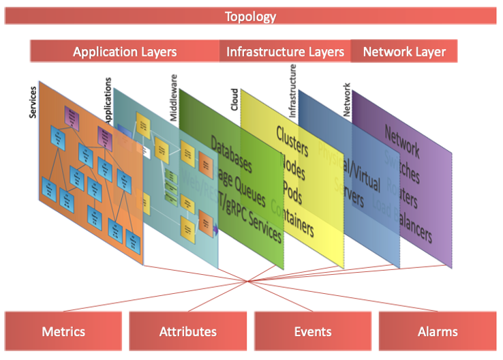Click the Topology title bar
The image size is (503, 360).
(x=251, y=16)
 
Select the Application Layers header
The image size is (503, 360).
(x=125, y=52)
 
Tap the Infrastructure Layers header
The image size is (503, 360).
(x=285, y=52)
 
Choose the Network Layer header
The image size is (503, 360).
(x=404, y=52)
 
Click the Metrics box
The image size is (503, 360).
(x=63, y=332)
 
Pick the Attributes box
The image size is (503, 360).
(x=188, y=332)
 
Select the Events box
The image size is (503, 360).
(x=313, y=332)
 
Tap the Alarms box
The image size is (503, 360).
(x=438, y=332)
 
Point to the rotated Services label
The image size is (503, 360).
(x=33, y=101)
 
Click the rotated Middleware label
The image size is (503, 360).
(x=174, y=98)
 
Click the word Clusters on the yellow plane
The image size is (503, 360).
(x=292, y=140)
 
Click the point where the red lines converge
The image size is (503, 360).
(x=249, y=281)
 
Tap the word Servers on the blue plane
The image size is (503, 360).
(x=348, y=194)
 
